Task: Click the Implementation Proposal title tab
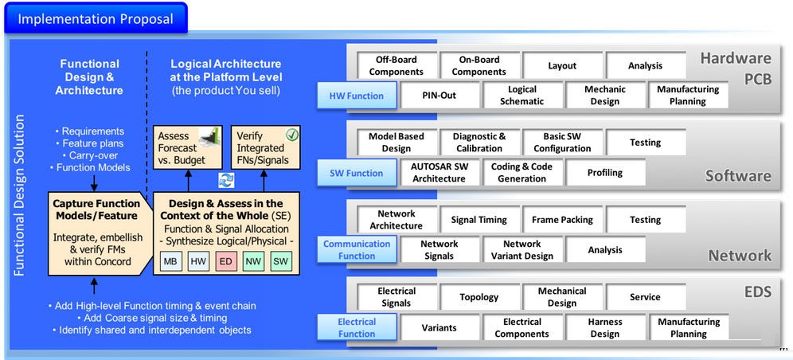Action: tap(95, 18)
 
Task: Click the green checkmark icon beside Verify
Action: tap(291, 135)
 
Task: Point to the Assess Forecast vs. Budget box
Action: tap(187, 147)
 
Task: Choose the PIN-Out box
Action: tap(439, 96)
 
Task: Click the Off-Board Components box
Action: tap(396, 65)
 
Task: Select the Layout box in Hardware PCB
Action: tap(561, 65)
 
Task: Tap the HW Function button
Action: tap(356, 96)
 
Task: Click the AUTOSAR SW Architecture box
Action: tap(439, 173)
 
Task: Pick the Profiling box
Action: tap(604, 173)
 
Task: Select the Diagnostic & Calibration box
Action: tap(479, 143)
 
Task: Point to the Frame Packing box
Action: tap(561, 220)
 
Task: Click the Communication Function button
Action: tap(356, 250)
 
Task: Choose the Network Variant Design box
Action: tap(522, 250)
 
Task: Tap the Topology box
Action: tap(479, 297)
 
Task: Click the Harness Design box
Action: tap(604, 327)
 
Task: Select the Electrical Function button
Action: tap(356, 327)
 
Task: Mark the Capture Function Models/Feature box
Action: tap(96, 232)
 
